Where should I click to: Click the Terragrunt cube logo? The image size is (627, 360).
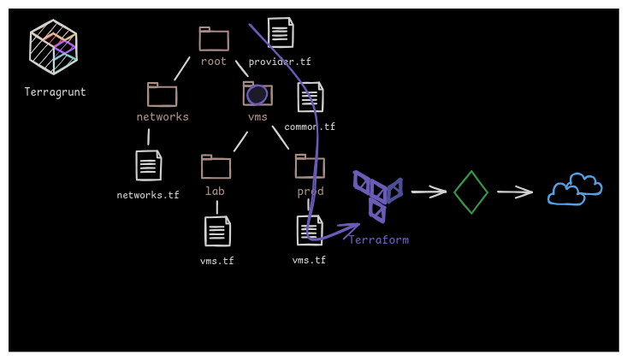point(53,47)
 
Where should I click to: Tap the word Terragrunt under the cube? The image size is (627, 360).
point(55,92)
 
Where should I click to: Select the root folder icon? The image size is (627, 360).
point(214,39)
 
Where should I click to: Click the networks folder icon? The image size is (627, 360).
point(162,95)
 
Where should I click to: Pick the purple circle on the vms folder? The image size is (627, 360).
point(257,95)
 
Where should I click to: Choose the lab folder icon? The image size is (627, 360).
point(216,167)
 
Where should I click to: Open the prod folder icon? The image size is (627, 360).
point(310,167)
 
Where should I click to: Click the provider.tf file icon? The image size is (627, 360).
point(281,33)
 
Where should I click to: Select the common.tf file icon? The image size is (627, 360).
point(311,97)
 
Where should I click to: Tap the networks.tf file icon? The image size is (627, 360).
point(149,166)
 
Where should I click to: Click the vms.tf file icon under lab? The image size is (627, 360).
point(217,232)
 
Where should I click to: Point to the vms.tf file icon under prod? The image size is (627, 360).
point(310,231)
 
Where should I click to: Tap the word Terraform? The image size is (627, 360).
point(378,240)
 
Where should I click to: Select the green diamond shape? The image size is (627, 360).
point(470,192)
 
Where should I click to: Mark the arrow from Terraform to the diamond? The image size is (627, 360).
point(429,192)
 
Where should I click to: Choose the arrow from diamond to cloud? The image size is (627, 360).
point(515,192)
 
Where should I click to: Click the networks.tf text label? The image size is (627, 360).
point(148,196)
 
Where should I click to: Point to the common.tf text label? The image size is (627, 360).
point(310,127)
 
